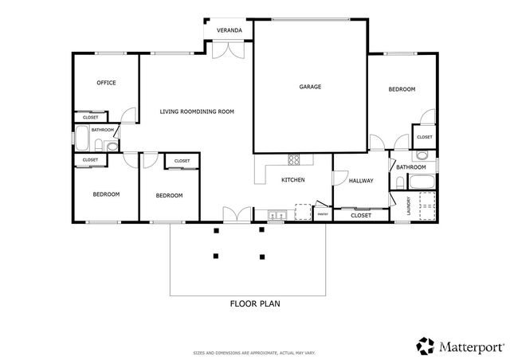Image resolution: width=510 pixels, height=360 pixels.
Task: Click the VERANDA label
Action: (x=229, y=30)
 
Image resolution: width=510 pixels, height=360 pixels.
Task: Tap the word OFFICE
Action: (x=107, y=82)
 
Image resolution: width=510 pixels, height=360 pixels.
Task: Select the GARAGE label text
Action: (x=310, y=86)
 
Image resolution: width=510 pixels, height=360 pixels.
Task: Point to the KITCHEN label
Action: (x=293, y=180)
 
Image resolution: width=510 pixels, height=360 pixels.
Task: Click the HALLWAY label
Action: (x=361, y=181)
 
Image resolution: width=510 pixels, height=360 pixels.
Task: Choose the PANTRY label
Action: (x=323, y=213)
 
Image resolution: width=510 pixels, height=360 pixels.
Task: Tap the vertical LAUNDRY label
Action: (x=410, y=205)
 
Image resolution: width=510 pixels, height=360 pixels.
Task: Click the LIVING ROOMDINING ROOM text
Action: (x=197, y=112)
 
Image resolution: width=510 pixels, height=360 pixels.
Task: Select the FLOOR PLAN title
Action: (x=255, y=303)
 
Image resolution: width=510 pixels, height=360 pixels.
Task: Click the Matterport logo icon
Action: (x=425, y=346)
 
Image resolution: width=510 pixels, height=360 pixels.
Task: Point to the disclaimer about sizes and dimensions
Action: (x=254, y=351)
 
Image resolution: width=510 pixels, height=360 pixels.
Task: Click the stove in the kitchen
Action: (x=293, y=158)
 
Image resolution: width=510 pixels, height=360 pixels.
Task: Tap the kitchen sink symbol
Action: (x=277, y=213)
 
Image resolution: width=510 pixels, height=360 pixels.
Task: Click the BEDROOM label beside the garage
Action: (x=402, y=89)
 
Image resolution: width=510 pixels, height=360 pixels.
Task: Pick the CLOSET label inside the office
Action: (x=90, y=117)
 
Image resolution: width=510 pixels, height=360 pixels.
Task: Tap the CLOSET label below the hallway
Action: (x=361, y=215)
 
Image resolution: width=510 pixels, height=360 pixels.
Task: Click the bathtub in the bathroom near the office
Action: (x=80, y=140)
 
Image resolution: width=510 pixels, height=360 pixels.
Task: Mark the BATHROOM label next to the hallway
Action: (x=411, y=167)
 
